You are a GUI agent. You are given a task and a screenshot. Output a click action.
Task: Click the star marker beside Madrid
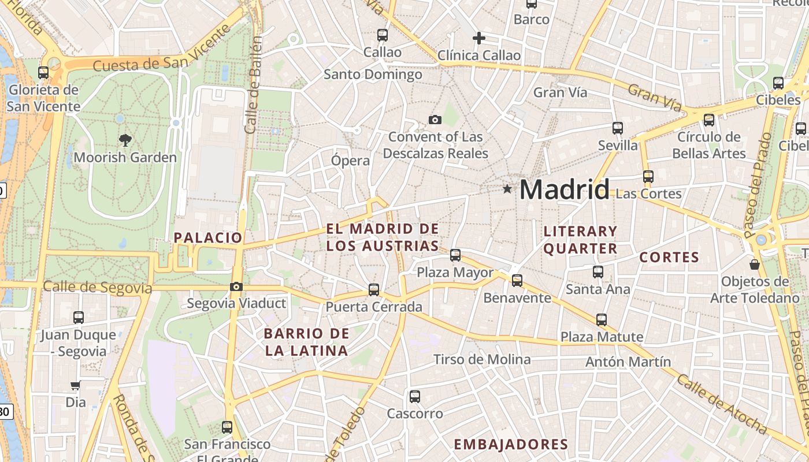pyautogui.click(x=507, y=189)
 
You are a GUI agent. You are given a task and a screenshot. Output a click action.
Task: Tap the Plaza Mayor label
pyautogui.click(x=455, y=272)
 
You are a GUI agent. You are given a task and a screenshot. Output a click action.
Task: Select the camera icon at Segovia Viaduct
pyautogui.click(x=236, y=286)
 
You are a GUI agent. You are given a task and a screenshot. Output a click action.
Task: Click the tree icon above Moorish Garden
pyautogui.click(x=125, y=139)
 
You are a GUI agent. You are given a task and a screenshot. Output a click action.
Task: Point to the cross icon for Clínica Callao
pyautogui.click(x=478, y=38)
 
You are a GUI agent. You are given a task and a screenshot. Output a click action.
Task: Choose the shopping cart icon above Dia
pyautogui.click(x=75, y=385)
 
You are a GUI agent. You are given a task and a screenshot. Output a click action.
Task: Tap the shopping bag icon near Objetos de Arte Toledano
pyautogui.click(x=754, y=264)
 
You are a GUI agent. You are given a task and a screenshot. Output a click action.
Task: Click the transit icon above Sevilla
pyautogui.click(x=618, y=128)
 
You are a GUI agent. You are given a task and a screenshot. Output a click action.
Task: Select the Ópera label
pyautogui.click(x=350, y=160)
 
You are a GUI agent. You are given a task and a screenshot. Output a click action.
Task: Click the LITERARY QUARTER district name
pyautogui.click(x=581, y=240)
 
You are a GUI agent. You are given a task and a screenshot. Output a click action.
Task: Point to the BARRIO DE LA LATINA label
pyautogui.click(x=306, y=342)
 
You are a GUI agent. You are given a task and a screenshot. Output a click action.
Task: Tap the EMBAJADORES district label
pyautogui.click(x=511, y=444)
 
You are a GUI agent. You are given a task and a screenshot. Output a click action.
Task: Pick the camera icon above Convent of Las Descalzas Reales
pyautogui.click(x=435, y=120)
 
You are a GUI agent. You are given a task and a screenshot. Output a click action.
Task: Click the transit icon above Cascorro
pyautogui.click(x=415, y=396)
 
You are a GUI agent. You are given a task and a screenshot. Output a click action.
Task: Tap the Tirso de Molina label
pyautogui.click(x=482, y=359)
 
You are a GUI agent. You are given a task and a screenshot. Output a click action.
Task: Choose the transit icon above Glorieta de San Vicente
pyautogui.click(x=43, y=73)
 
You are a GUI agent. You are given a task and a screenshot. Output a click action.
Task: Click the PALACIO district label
pyautogui.click(x=208, y=237)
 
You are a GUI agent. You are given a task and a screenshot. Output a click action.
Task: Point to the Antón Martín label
pyautogui.click(x=628, y=362)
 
